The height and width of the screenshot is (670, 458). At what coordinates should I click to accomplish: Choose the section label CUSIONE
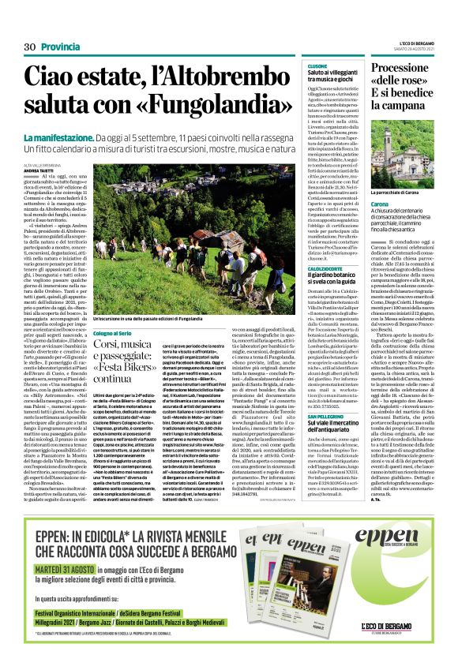[x=317, y=66]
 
